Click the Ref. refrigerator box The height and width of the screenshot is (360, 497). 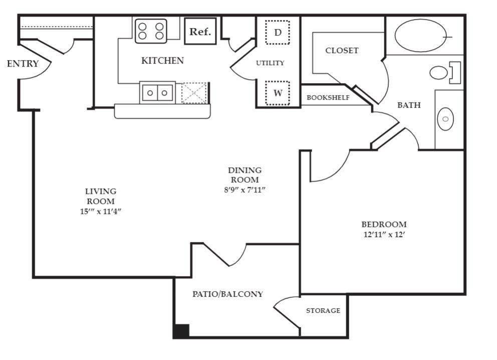tap(200, 32)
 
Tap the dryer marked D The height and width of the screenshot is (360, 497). tap(277, 33)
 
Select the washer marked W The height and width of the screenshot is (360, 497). tap(277, 93)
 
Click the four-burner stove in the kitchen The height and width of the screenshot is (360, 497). tap(151, 31)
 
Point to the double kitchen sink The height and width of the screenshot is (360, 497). tap(157, 93)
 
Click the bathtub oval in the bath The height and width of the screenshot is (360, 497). tap(421, 36)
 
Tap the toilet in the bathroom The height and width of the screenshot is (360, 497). tap(441, 73)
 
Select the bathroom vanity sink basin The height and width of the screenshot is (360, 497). tap(445, 119)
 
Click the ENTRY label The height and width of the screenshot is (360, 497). tap(23, 64)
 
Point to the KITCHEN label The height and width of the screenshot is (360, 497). tap(162, 61)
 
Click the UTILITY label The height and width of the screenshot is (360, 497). tap(270, 63)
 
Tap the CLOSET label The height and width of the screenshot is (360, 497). tap(342, 51)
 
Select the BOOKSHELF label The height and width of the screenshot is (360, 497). tap(328, 98)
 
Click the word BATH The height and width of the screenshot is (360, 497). tap(409, 105)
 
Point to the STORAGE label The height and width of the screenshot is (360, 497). tap(323, 311)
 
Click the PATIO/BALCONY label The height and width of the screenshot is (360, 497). tap(227, 294)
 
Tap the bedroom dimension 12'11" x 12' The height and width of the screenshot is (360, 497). tap(384, 234)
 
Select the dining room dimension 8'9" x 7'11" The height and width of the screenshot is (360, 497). tap(244, 190)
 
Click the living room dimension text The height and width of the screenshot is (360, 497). tap(100, 211)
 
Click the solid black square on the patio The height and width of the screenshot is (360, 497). tap(181, 331)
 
